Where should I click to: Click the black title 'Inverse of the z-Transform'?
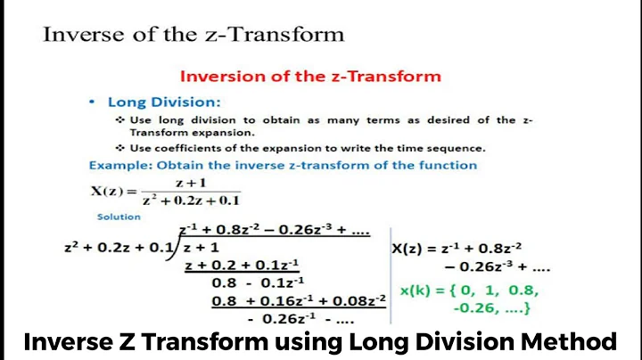[x=193, y=35]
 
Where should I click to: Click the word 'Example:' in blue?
[x=117, y=165]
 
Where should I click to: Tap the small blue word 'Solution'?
[x=118, y=216]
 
